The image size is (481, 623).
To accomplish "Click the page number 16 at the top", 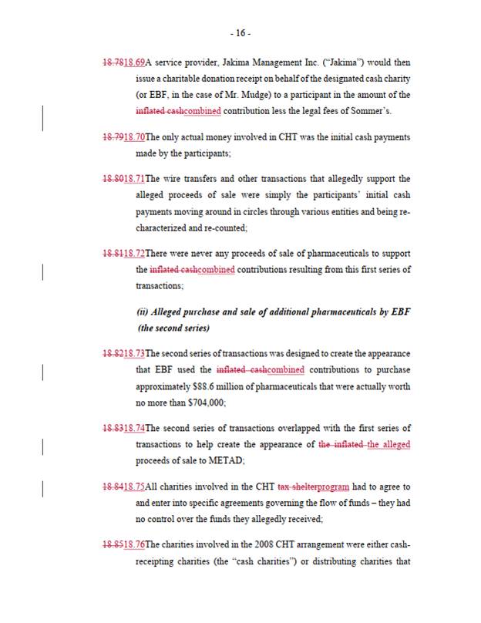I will point(240,33).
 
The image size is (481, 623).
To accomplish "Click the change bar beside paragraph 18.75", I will point(42,487).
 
